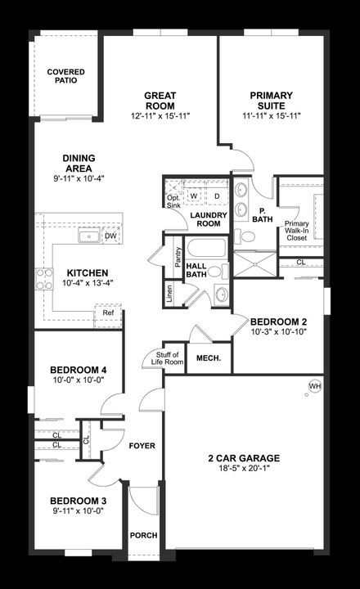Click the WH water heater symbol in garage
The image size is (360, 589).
pyautogui.click(x=314, y=386)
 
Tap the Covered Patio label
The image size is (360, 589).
pyautogui.click(x=65, y=77)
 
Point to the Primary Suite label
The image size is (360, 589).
pyautogui.click(x=271, y=101)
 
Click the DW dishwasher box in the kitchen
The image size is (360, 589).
pyautogui.click(x=110, y=236)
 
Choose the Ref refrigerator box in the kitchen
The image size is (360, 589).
pyautogui.click(x=108, y=312)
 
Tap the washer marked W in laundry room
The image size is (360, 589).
pyautogui.click(x=195, y=196)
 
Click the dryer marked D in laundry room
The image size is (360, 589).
pyautogui.click(x=217, y=196)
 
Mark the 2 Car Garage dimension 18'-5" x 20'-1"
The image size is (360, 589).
pyautogui.click(x=243, y=470)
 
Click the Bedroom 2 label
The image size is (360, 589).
pyautogui.click(x=278, y=321)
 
